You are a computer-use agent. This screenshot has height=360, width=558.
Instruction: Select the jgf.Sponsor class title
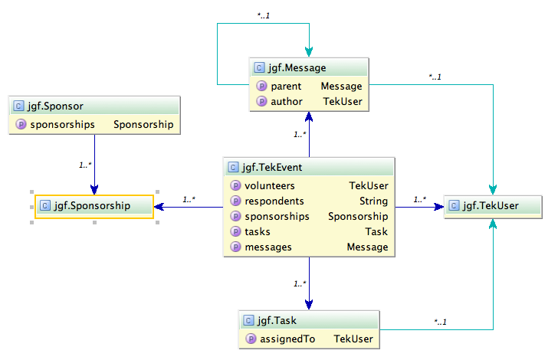tap(55, 106)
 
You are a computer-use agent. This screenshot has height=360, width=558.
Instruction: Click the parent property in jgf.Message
tap(286, 86)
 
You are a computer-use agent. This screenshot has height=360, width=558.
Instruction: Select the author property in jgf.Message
tap(287, 101)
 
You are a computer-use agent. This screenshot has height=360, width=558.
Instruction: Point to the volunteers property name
tap(269, 185)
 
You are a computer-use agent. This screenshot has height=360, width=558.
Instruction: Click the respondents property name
tap(274, 201)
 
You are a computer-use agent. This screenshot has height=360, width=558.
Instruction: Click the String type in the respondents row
tap(373, 201)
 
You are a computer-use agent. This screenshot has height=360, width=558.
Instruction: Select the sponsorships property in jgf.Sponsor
tap(63, 124)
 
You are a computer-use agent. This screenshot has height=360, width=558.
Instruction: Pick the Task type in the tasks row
tap(376, 231)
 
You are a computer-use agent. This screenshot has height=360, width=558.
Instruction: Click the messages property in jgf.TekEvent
tap(268, 247)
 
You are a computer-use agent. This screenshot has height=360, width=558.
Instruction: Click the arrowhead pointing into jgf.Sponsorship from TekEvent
tap(159, 206)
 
